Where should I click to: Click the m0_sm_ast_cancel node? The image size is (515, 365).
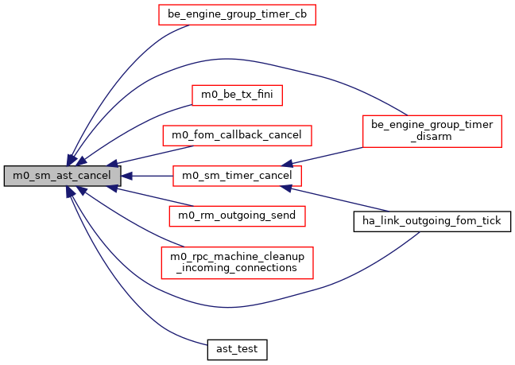point(63,175)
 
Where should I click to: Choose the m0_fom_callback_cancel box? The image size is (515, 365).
point(238,135)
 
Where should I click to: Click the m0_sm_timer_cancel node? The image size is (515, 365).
point(238,175)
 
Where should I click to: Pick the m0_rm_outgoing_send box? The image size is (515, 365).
point(238,216)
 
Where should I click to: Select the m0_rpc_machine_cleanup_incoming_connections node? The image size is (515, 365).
point(238,262)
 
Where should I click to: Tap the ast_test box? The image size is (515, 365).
point(238,348)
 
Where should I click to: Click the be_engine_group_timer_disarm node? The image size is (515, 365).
point(432,130)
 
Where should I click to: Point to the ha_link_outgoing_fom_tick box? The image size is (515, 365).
point(432,220)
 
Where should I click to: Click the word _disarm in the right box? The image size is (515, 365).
point(432,136)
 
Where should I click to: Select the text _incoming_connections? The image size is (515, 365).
point(238,268)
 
